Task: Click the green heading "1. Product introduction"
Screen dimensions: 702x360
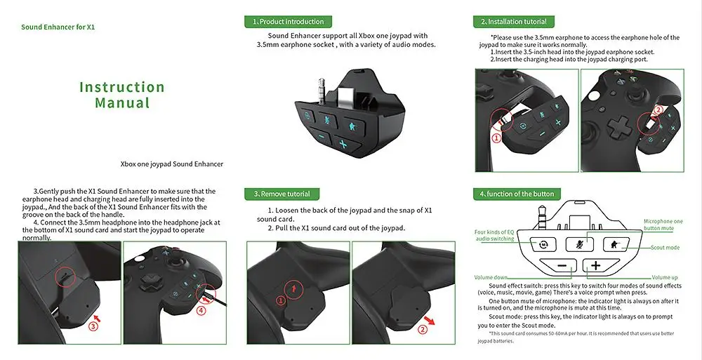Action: pos(288,22)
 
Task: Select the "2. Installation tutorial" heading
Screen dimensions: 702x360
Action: pos(514,22)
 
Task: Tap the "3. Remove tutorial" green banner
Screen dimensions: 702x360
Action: pos(282,194)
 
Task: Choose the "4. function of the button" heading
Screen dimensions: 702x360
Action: pos(517,194)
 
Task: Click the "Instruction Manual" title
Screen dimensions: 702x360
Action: pos(122,95)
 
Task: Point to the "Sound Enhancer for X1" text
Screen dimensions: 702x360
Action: pos(58,27)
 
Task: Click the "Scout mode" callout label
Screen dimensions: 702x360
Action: pos(665,248)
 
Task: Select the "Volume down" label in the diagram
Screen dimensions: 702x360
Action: pos(491,278)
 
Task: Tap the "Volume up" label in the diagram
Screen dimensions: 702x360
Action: pos(664,278)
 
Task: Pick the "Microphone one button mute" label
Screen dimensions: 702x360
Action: pos(663,225)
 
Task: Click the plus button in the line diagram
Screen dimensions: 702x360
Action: pos(595,265)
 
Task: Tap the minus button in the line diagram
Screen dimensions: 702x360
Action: pos(562,265)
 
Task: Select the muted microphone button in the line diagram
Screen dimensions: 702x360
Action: pos(579,244)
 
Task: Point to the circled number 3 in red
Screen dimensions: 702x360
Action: pos(93,326)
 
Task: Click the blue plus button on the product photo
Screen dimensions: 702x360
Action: pos(343,144)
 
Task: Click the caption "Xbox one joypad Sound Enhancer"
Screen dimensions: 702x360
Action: pos(172,164)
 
